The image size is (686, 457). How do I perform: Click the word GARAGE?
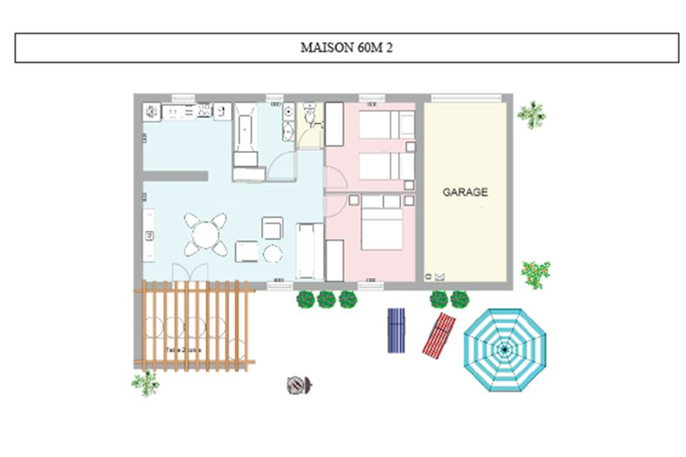tap(465, 193)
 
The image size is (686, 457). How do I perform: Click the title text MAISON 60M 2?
tap(347, 47)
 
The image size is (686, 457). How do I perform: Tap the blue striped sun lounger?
tap(396, 330)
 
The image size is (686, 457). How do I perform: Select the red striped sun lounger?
tap(439, 334)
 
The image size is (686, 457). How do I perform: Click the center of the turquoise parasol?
tap(504, 350)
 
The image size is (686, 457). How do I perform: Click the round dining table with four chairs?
tap(205, 234)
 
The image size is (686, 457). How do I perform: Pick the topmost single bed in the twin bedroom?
tap(385, 126)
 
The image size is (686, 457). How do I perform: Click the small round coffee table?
tap(273, 254)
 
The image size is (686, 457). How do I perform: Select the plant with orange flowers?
tap(535, 273)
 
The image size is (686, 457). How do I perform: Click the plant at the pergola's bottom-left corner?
tap(145, 382)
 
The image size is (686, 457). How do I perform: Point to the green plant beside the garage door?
tap(531, 114)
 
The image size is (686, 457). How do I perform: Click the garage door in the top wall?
tap(466, 97)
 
